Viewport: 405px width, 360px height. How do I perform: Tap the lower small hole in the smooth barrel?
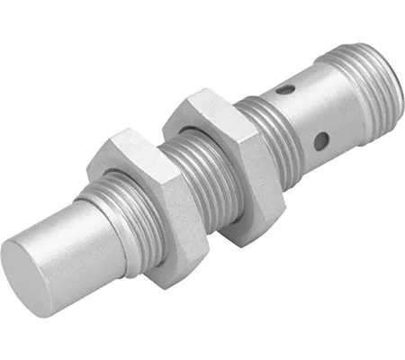pyautogui.click(x=319, y=142)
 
